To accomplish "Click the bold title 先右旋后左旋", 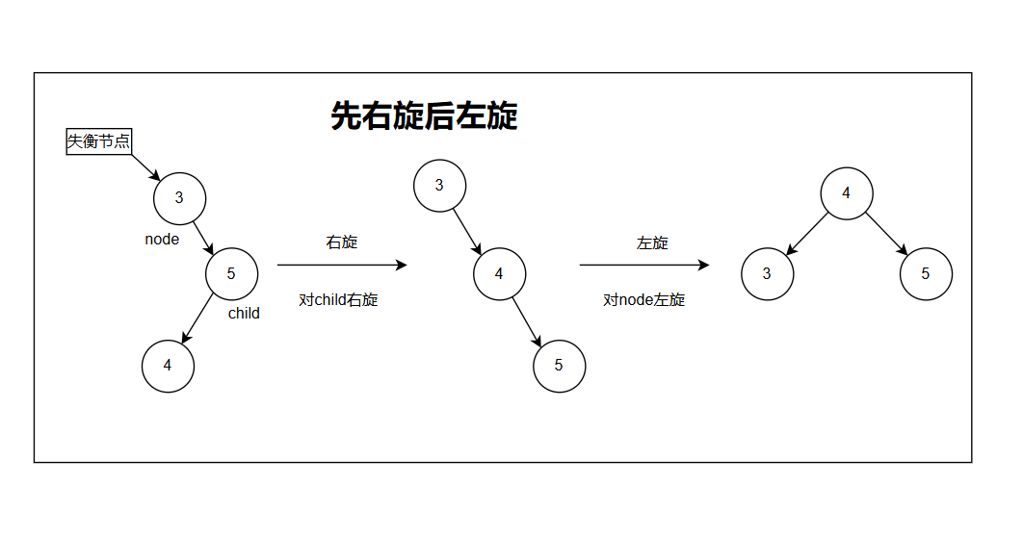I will pyautogui.click(x=424, y=115).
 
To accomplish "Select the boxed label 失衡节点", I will pyautogui.click(x=98, y=141).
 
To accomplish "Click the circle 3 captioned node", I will pyautogui.click(x=179, y=197).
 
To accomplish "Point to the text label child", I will pyautogui.click(x=244, y=313).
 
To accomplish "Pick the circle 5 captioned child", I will pyautogui.click(x=231, y=273).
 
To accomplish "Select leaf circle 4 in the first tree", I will pyautogui.click(x=168, y=366).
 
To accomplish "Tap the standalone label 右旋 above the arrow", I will pyautogui.click(x=342, y=242).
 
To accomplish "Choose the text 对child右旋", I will pyautogui.click(x=338, y=299).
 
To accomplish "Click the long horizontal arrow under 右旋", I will pyautogui.click(x=342, y=265).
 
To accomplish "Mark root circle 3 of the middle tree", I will pyautogui.click(x=439, y=185).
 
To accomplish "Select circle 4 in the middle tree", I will pyautogui.click(x=499, y=274).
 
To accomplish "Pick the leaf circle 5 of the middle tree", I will pyautogui.click(x=559, y=366).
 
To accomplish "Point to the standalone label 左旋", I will pyautogui.click(x=652, y=242).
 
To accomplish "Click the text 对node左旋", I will pyautogui.click(x=644, y=299).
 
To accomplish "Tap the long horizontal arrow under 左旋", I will pyautogui.click(x=644, y=265).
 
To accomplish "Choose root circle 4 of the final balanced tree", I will pyautogui.click(x=847, y=193).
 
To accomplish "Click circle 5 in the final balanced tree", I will pyautogui.click(x=926, y=273).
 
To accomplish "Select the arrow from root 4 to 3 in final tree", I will pyautogui.click(x=808, y=233).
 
